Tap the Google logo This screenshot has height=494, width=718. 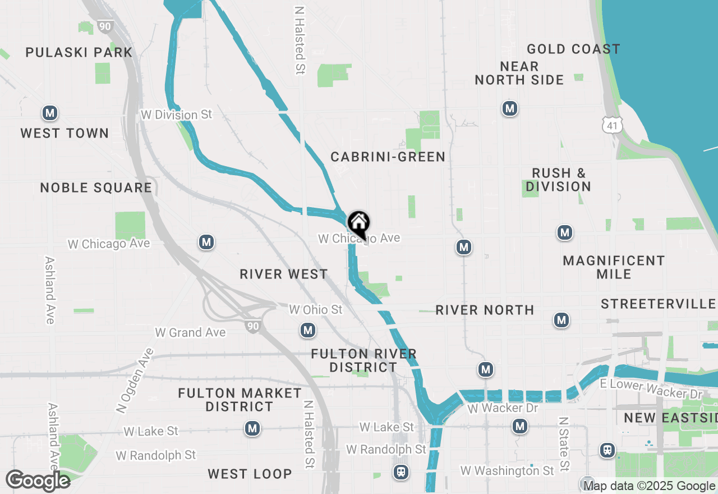click(x=38, y=481)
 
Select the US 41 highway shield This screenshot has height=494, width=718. click(x=611, y=125)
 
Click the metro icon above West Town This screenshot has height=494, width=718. click(x=50, y=113)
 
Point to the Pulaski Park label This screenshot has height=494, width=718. click(x=79, y=53)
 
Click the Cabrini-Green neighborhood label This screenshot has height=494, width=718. click(x=388, y=157)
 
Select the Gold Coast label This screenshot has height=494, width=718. click(x=573, y=49)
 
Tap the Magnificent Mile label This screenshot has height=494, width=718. click(x=614, y=267)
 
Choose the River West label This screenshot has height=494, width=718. click(x=284, y=274)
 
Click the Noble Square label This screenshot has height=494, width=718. click(x=96, y=187)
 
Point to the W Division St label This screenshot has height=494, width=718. click(x=177, y=115)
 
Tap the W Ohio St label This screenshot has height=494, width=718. click(x=315, y=310)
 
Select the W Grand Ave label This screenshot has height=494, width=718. click(x=190, y=332)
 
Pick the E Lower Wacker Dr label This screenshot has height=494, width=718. click(x=651, y=389)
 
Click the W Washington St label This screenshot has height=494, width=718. click(x=507, y=470)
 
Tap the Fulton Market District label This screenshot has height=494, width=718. click(x=240, y=400)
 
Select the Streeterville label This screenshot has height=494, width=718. click(x=658, y=304)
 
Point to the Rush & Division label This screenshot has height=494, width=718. click(x=558, y=180)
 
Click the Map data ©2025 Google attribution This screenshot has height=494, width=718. click(x=649, y=486)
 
